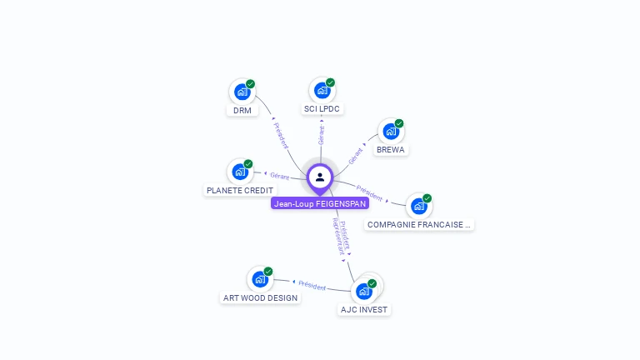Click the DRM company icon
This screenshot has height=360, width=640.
[242, 92]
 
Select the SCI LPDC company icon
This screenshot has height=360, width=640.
[322, 90]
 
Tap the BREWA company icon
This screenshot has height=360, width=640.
[390, 131]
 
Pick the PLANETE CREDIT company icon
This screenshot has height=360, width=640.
[240, 172]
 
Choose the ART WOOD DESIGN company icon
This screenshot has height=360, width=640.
[260, 279]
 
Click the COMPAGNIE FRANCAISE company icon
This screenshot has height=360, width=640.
[418, 206]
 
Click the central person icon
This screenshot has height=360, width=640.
[320, 177]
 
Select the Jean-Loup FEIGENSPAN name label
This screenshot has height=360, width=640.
[320, 203]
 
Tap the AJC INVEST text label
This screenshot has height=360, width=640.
[364, 309]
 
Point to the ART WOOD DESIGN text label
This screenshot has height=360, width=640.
[260, 297]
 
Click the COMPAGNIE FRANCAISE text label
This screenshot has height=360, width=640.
[419, 224]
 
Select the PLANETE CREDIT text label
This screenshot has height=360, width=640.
[240, 190]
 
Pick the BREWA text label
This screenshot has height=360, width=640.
[390, 150]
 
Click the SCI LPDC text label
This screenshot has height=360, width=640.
[322, 109]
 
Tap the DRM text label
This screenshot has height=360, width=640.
[242, 110]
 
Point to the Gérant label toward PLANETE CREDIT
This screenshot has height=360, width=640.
[279, 176]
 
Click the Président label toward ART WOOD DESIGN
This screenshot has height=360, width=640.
[312, 285]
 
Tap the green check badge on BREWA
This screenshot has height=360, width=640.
[399, 123]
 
